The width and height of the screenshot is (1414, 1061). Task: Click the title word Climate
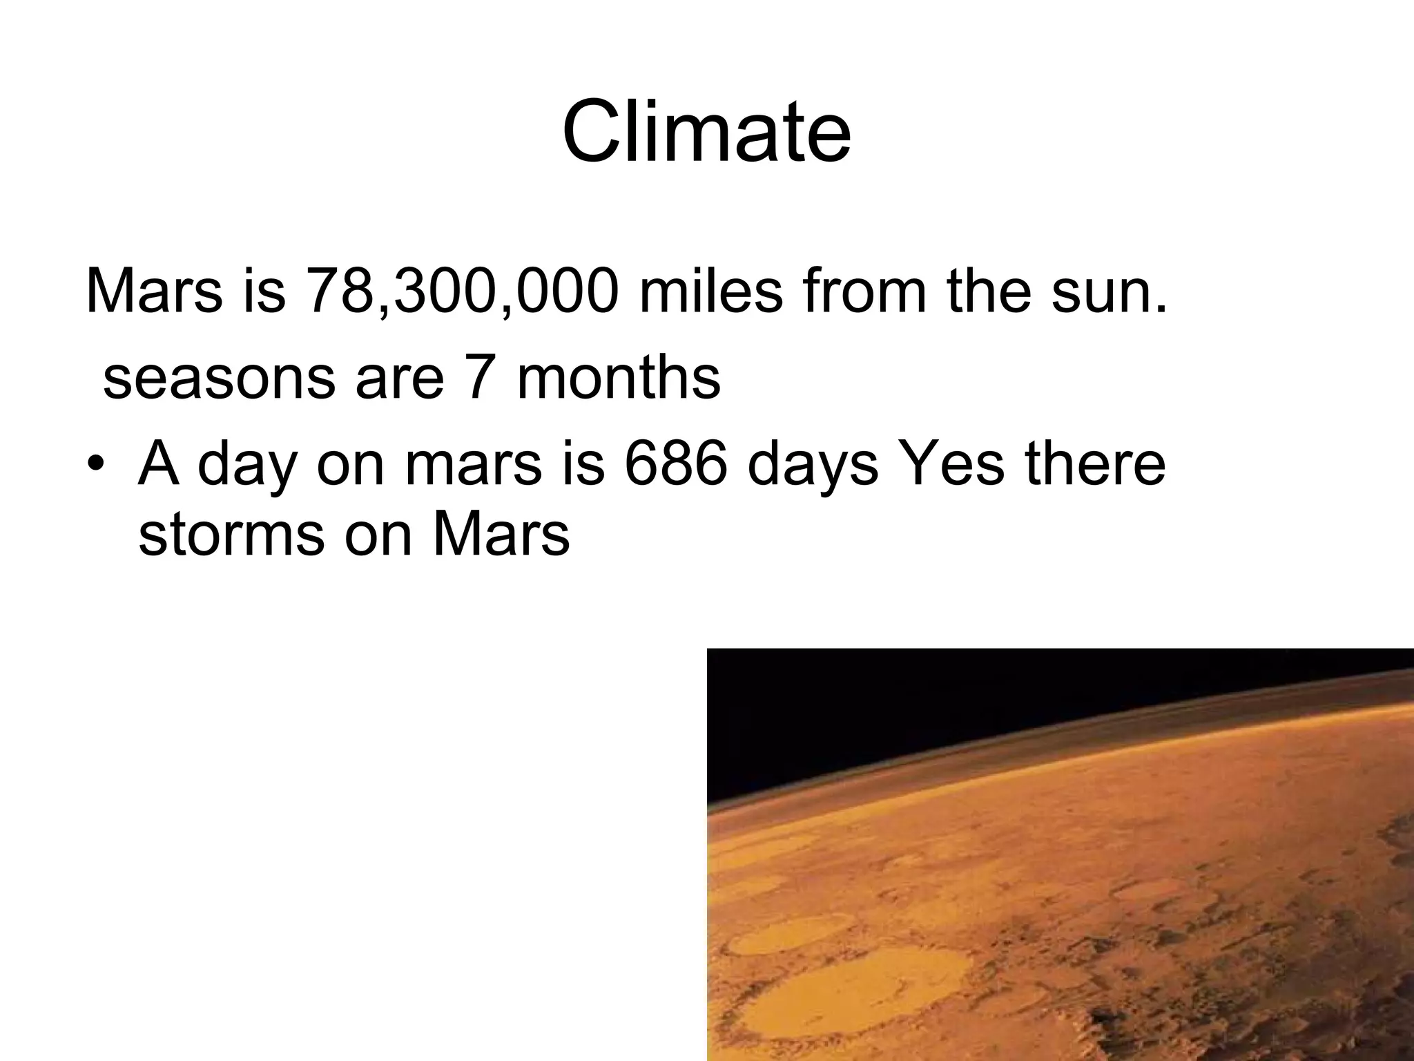tap(706, 131)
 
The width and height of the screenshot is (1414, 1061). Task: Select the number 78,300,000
tap(462, 291)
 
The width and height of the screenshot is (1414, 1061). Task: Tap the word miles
tap(711, 291)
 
